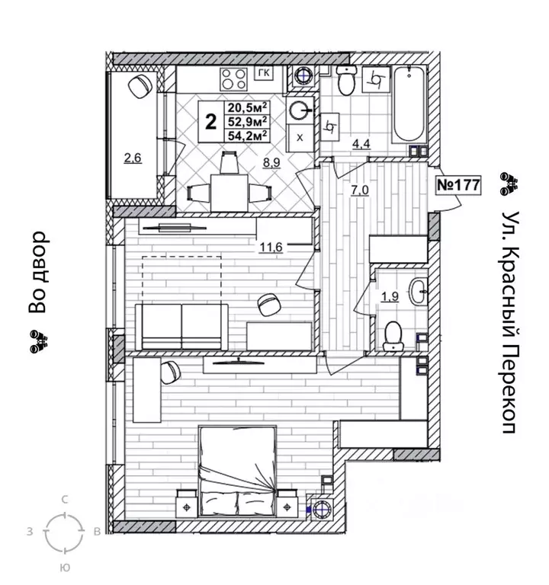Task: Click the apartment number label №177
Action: tap(457, 185)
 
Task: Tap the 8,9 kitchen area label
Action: tap(271, 163)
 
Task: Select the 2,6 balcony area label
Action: tap(133, 158)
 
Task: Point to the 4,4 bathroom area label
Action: tap(361, 144)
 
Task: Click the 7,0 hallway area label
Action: tap(359, 190)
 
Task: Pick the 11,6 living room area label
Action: tap(271, 247)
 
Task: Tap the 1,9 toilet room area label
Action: tap(390, 296)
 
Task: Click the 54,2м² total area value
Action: tap(248, 136)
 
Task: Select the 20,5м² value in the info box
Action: tap(248, 108)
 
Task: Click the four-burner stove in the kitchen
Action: tap(234, 79)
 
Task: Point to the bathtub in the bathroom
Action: tap(409, 104)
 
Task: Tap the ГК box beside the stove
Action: tap(264, 73)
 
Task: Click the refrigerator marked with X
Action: tap(300, 138)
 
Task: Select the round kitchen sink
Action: tap(300, 110)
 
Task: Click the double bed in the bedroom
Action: tap(238, 471)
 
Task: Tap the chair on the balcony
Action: tap(140, 86)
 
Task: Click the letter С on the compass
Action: tap(65, 500)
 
